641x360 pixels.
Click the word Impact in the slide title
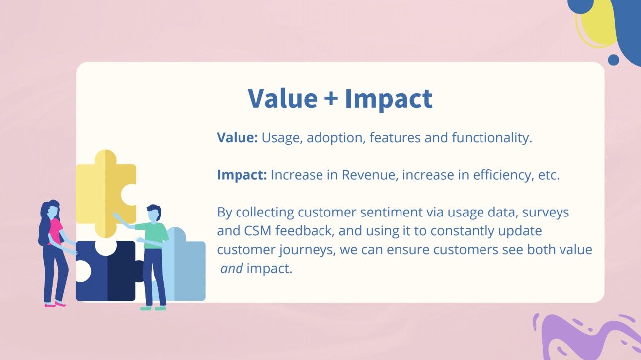[x=389, y=98]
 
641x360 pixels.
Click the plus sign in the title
[x=330, y=99]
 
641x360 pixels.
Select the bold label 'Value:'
[x=237, y=138]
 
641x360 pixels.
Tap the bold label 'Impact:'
[x=241, y=175]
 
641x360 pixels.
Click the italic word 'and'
[x=232, y=269]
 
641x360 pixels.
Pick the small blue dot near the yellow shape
[x=613, y=60]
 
